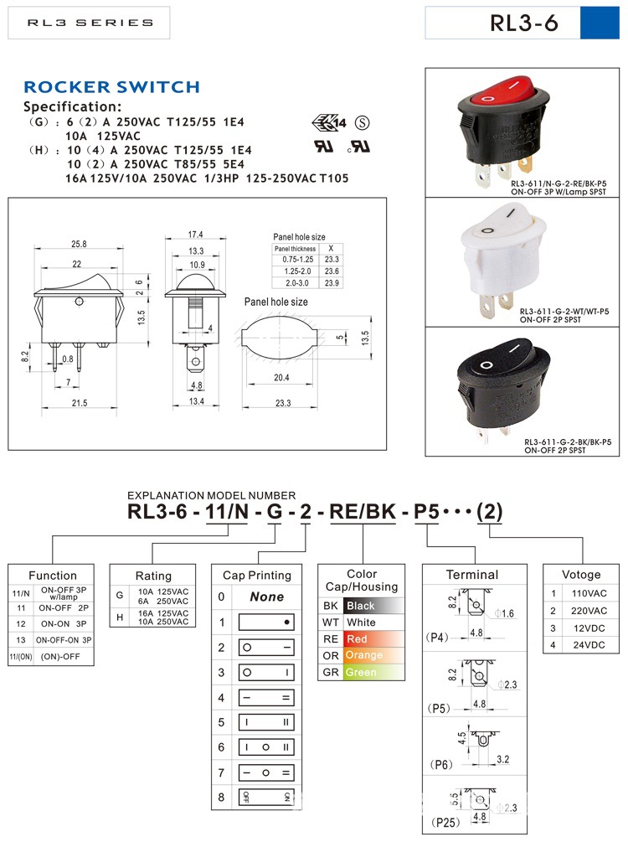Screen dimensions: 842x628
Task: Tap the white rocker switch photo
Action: [x=502, y=256]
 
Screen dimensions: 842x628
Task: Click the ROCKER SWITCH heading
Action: [x=111, y=87]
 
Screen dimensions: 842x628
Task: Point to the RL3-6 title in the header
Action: [x=524, y=23]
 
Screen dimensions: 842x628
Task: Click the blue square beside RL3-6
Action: [x=600, y=23]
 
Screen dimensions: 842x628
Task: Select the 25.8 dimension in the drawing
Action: [x=79, y=244]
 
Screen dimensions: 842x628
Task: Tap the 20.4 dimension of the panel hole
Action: [x=282, y=379]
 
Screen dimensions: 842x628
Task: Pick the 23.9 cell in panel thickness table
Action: [x=332, y=283]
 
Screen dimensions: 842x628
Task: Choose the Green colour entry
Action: [x=362, y=672]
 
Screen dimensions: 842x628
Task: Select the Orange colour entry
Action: [x=363, y=655]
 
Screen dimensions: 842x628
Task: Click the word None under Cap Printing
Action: [x=267, y=597]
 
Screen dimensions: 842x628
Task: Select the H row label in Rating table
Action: [x=119, y=617]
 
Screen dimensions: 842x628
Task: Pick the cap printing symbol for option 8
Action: [x=267, y=797]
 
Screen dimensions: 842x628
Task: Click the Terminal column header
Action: [x=471, y=575]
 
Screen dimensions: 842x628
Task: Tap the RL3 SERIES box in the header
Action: [x=90, y=23]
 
